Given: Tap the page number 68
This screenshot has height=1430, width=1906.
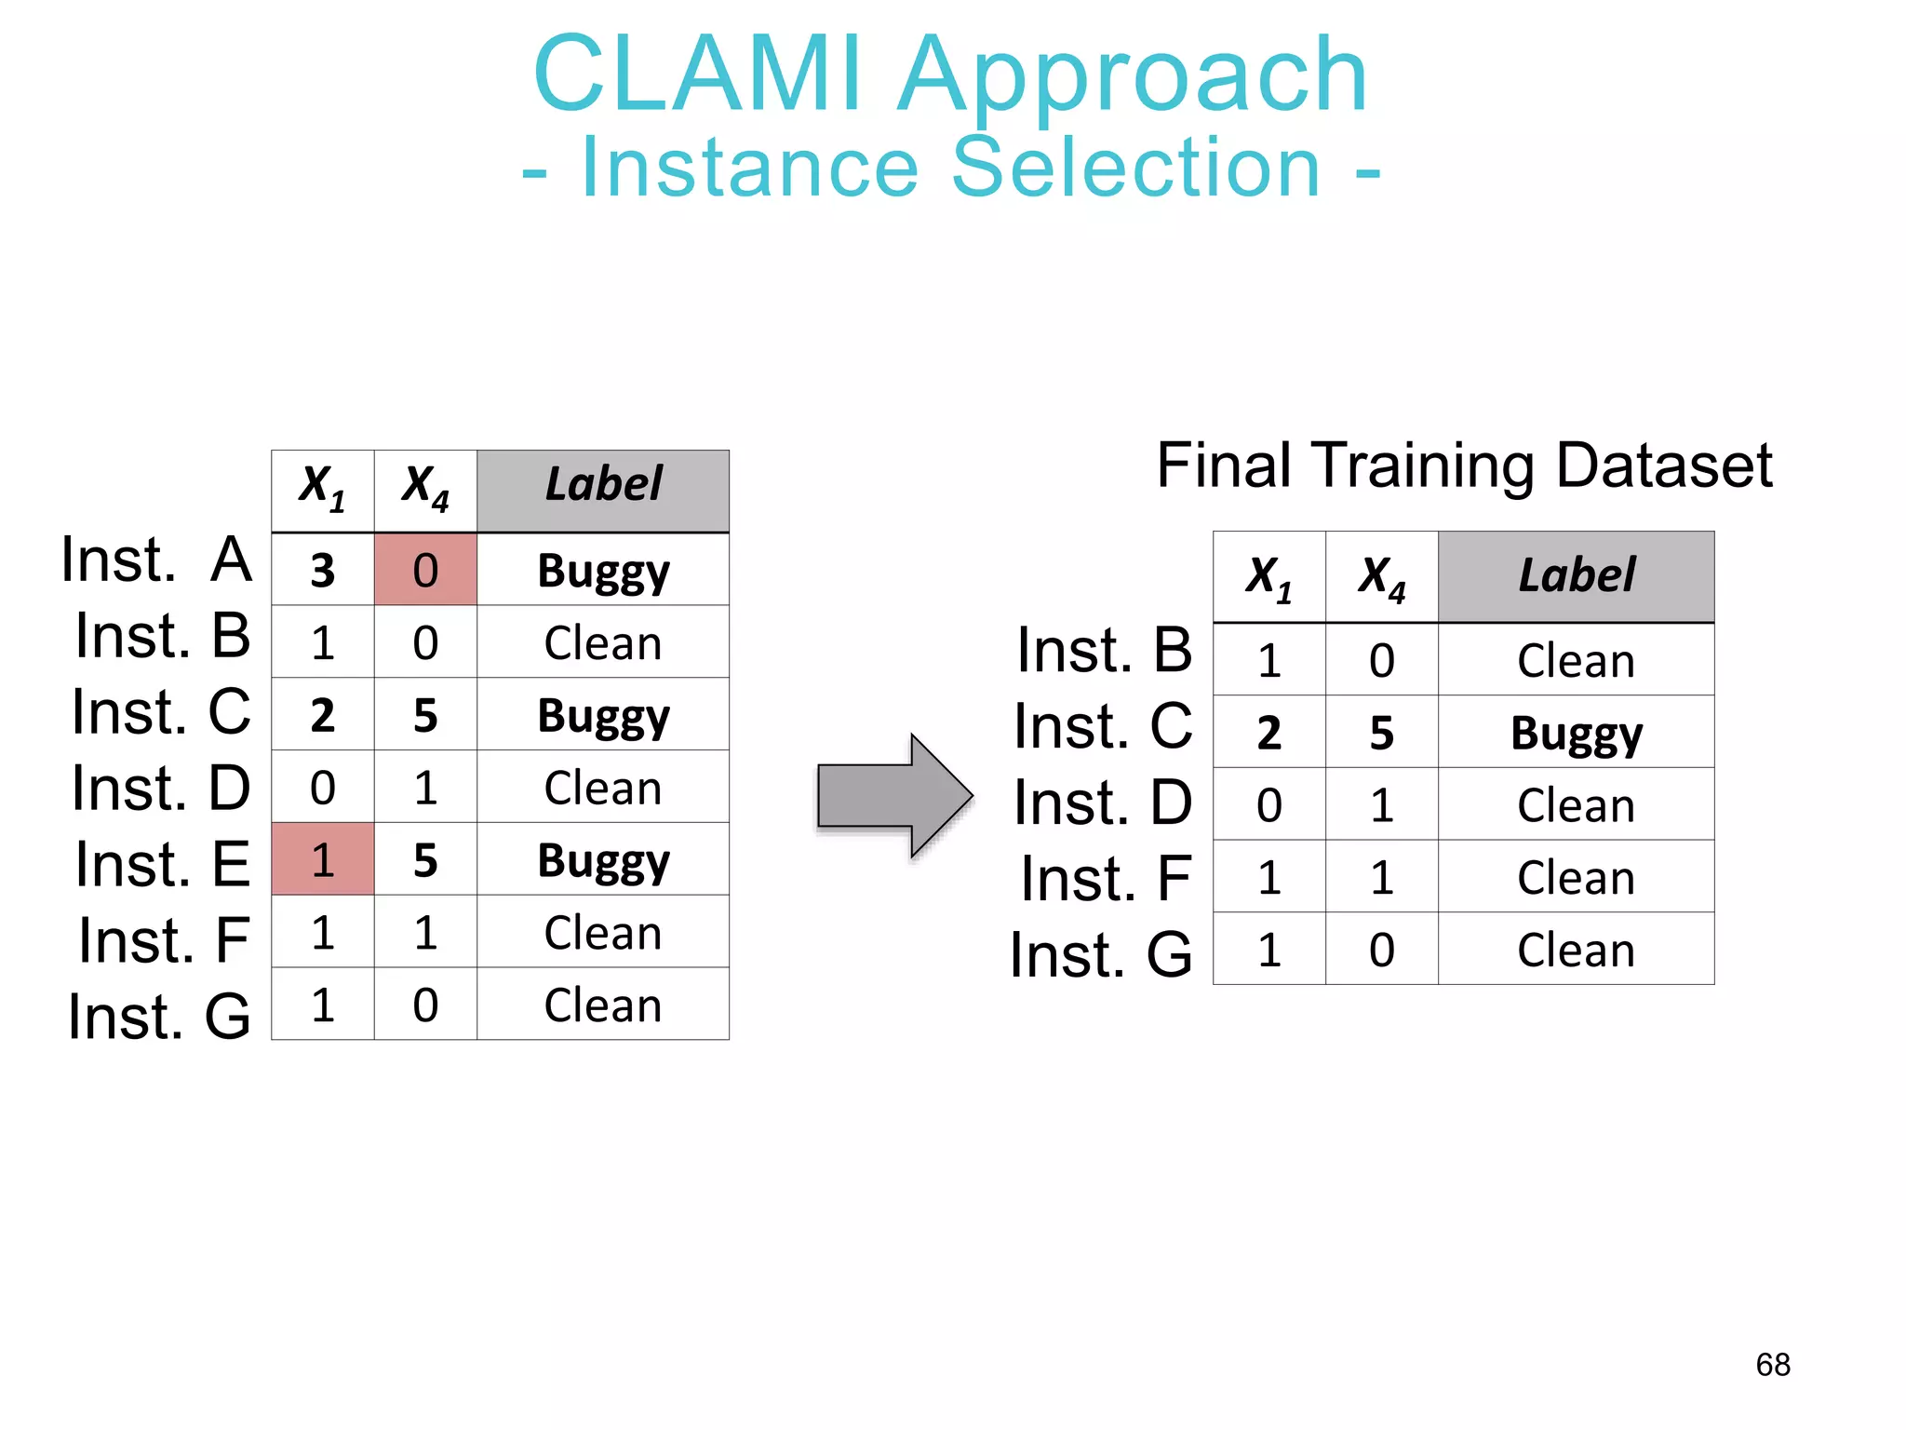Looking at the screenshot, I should click(x=1772, y=1365).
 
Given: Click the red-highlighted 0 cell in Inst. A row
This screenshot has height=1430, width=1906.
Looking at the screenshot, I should click(x=425, y=570).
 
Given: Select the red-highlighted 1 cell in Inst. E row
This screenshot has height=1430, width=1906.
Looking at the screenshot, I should click(x=322, y=859).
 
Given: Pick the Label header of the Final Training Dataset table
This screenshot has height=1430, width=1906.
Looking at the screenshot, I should click(x=1576, y=576).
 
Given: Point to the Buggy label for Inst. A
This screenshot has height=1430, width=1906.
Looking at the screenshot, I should click(x=603, y=572).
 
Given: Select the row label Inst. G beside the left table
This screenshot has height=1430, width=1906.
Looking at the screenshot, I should click(x=159, y=1017).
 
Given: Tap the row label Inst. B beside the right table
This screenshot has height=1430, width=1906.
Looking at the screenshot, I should click(x=1104, y=651).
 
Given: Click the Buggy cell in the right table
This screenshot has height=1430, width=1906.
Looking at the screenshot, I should click(x=1576, y=734).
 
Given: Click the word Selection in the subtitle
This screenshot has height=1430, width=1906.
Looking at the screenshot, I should click(x=1135, y=168).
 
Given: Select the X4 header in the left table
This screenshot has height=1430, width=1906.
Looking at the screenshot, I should click(x=425, y=487).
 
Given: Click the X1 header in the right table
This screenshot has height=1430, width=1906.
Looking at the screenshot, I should click(x=1268, y=577).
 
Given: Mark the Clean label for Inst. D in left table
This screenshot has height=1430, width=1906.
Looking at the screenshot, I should click(x=603, y=789).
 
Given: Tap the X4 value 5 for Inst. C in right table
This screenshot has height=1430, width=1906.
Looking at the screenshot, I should click(x=1381, y=734).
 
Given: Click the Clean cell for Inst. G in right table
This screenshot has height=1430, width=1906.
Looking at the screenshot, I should click(x=1576, y=951).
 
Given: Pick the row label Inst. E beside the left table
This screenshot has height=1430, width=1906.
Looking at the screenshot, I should click(x=163, y=865).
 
